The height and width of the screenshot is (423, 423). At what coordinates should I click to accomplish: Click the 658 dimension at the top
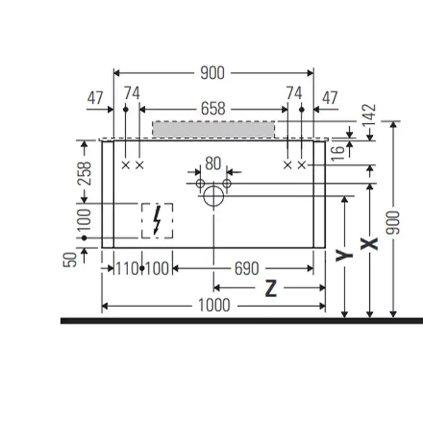point(213,108)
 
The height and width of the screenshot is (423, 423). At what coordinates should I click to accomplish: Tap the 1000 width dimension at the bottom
point(214,306)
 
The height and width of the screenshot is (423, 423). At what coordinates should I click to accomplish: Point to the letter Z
point(271,289)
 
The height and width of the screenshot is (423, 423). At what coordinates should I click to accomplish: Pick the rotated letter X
point(369,244)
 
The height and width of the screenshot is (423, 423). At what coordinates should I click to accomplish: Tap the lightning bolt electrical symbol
point(157,221)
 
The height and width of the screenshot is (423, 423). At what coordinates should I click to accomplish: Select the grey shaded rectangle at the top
point(213,129)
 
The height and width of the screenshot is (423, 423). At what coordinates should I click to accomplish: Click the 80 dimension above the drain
point(213,163)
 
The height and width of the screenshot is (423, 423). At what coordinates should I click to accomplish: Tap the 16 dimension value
point(338,149)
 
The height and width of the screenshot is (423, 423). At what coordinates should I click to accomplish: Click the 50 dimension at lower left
point(71,260)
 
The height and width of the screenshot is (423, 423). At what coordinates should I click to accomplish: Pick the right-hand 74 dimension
point(294,93)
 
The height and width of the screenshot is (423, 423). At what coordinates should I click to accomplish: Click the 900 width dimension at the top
point(212,73)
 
